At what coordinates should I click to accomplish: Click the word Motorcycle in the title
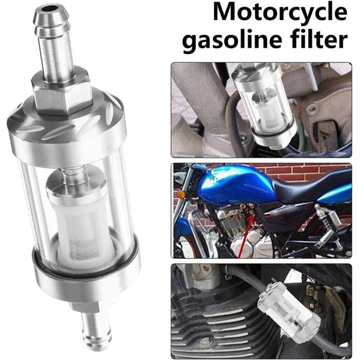pos(280,12)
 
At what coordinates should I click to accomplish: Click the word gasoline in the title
pos(232,40)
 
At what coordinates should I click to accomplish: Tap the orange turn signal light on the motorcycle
pos(181,195)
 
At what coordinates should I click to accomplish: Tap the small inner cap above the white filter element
pos(76,184)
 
